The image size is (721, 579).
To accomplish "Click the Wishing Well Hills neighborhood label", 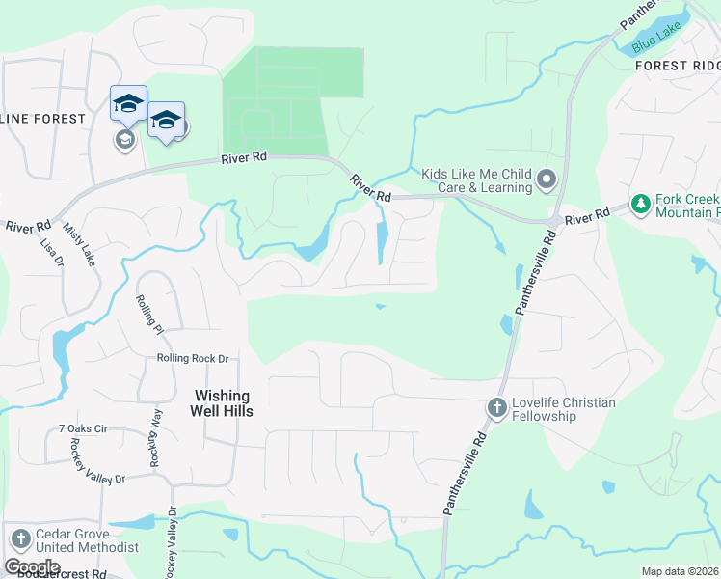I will tap(222, 404).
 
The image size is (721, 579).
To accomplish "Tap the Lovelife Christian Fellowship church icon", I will tap(497, 407).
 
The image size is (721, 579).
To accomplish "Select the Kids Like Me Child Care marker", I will tap(547, 179).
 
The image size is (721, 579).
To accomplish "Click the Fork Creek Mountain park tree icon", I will tap(639, 204).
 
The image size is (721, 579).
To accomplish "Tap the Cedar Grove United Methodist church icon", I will tap(20, 539).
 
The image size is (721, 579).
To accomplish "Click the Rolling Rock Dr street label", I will tap(193, 359).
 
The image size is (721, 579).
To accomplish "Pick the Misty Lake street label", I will tap(80, 246).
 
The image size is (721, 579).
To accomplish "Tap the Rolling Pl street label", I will tap(150, 315).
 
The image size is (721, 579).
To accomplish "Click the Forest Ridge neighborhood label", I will tap(678, 66).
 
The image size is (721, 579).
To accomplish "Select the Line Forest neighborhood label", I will tap(42, 118).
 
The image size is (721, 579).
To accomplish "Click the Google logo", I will tap(32, 566).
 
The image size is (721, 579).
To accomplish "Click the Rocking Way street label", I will tap(155, 436).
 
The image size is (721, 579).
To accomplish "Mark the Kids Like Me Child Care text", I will tap(476, 179).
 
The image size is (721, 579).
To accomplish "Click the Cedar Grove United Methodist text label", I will tap(87, 540).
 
